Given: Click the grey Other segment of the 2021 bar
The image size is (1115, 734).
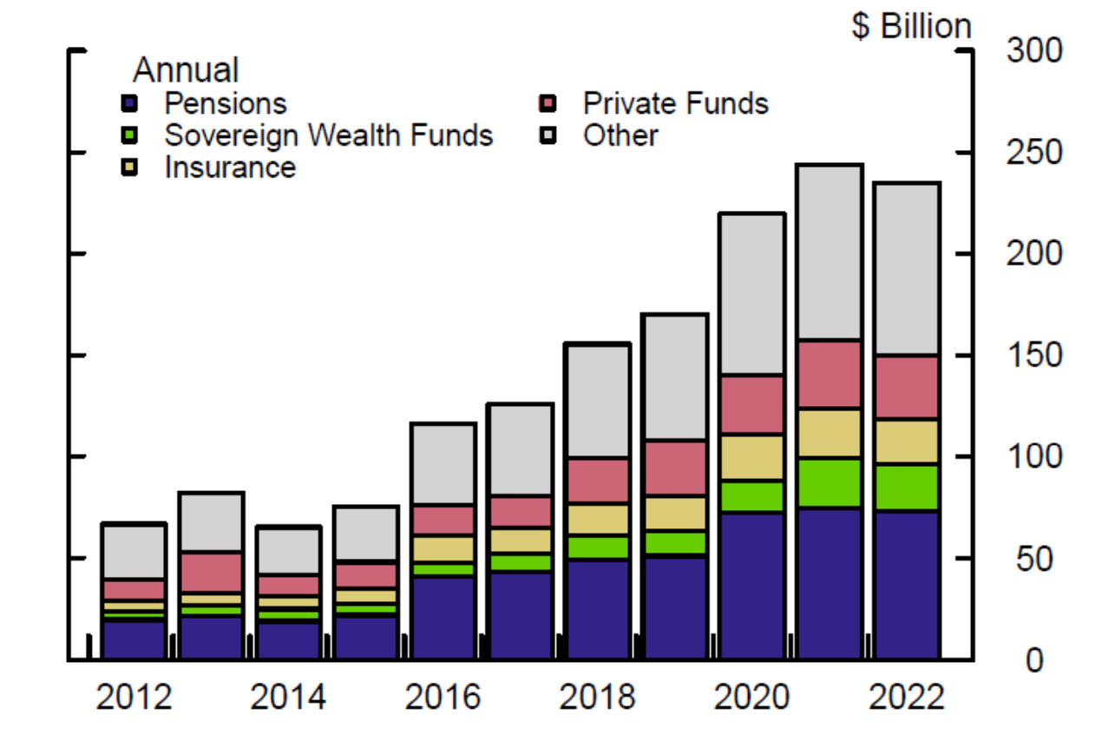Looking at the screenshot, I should [x=830, y=252].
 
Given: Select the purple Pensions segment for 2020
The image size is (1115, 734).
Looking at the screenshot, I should [x=752, y=586].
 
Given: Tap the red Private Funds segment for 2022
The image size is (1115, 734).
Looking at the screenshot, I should [x=907, y=387].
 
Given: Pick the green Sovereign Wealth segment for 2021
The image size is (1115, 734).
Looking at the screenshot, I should [x=830, y=482].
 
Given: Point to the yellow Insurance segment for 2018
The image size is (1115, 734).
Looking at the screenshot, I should [x=598, y=519].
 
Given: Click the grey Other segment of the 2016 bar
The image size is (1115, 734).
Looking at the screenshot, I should [x=443, y=463].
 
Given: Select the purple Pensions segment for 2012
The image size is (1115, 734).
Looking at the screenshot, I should [x=134, y=639].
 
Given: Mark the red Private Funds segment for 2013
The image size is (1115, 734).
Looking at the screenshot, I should [x=211, y=572].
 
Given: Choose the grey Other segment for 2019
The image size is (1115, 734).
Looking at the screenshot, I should [x=675, y=377].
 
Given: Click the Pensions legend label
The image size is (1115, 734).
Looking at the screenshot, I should [x=226, y=104].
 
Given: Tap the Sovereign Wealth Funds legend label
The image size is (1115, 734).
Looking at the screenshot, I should [x=328, y=135].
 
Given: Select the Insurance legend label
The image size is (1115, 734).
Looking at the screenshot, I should [x=230, y=167].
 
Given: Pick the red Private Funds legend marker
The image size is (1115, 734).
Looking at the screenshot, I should [x=547, y=104].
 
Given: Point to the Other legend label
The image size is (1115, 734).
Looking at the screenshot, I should [x=620, y=135].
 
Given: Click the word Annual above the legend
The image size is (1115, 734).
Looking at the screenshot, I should [x=186, y=69].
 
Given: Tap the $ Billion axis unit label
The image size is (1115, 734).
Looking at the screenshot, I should [x=911, y=26].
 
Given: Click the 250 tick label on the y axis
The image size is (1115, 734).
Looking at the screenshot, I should [x=1035, y=153].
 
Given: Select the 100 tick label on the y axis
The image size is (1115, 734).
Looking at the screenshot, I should [x=1035, y=457].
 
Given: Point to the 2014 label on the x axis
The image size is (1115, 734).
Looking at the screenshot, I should [x=288, y=698].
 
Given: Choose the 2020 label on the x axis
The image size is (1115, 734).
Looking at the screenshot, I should [x=752, y=698].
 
